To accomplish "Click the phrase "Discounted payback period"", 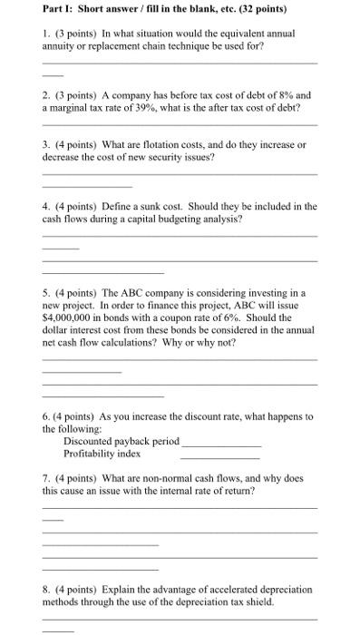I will coord(121,441).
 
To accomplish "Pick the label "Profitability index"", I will coord(102,453).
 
